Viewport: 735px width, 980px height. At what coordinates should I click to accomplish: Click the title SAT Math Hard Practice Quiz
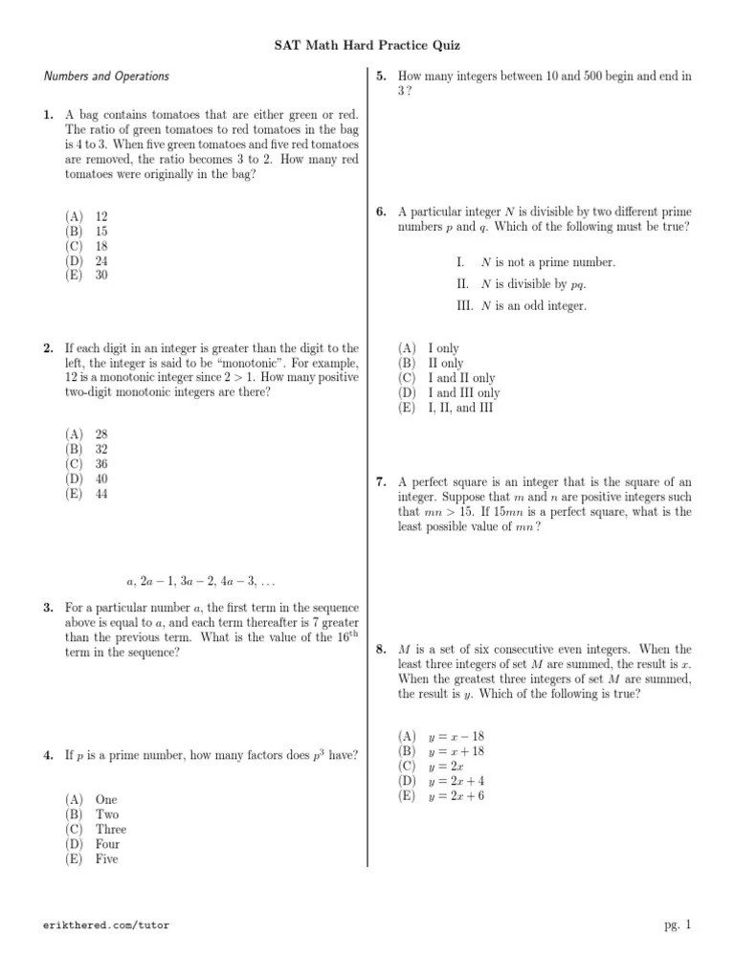point(367,45)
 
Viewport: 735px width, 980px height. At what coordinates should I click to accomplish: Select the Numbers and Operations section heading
point(106,76)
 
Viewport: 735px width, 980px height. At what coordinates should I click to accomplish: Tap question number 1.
point(48,115)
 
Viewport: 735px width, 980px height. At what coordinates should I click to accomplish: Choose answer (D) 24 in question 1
point(87,260)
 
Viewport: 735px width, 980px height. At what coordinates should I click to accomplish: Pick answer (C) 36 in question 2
point(87,464)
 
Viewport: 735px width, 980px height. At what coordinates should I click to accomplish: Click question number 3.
point(48,608)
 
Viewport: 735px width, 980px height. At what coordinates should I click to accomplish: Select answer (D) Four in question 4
point(93,844)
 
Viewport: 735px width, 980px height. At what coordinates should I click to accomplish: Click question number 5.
point(381,76)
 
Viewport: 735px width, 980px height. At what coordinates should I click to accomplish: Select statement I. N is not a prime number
point(536,261)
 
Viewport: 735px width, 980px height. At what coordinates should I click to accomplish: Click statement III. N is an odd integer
point(522,305)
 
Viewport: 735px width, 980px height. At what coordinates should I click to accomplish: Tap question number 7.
point(381,482)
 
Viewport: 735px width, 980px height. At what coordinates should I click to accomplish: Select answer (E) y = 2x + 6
point(442,796)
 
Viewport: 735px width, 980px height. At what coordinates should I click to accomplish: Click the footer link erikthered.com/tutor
point(107,925)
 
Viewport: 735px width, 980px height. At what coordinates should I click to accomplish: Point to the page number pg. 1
point(677,924)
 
